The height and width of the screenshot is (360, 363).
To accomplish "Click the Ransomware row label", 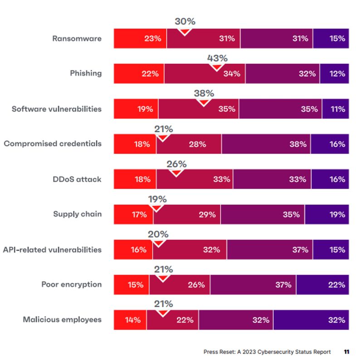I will coord(76,39).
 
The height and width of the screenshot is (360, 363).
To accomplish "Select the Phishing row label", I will coord(86,73).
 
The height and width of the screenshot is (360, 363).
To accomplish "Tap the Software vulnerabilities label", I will coord(57,109).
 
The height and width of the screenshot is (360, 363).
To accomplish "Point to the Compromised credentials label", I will coord(53,144).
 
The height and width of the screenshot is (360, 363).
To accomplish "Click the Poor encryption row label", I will coord(71,285).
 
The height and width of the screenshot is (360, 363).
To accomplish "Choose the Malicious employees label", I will coord(62,320).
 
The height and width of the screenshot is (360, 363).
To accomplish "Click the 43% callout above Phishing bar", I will coord(217,59).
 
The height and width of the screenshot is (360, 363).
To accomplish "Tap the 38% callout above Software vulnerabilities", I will coord(204,94).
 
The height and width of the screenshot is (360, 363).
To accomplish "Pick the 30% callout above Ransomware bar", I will coord(185,22).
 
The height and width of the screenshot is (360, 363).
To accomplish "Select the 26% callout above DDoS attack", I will coord(177,165).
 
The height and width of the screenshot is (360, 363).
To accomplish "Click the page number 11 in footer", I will coord(347,352).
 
